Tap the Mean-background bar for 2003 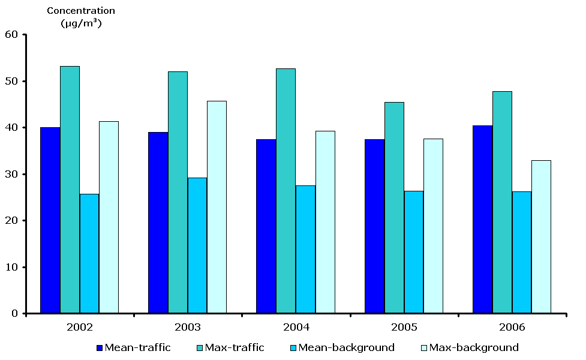pyautogui.click(x=197, y=245)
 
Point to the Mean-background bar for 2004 pyautogui.click(x=305, y=249)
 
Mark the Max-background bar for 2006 pyautogui.click(x=541, y=236)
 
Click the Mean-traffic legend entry pyautogui.click(x=137, y=347)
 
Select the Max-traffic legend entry pyautogui.click(x=234, y=347)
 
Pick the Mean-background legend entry pyautogui.click(x=346, y=347)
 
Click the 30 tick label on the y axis pyautogui.click(x=11, y=174)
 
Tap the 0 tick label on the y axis pyautogui.click(x=14, y=313)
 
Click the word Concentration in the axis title pyautogui.click(x=80, y=11)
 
